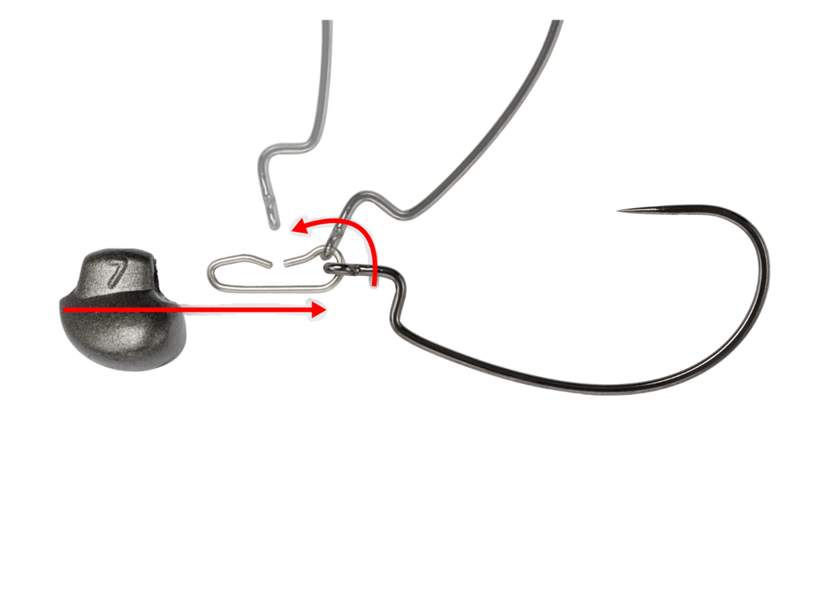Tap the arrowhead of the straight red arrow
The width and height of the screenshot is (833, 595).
tap(323, 309)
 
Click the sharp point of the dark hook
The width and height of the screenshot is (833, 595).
tap(616, 211)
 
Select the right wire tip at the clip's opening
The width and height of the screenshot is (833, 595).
tap(284, 263)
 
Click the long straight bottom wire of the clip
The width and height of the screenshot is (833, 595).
tap(268, 284)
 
